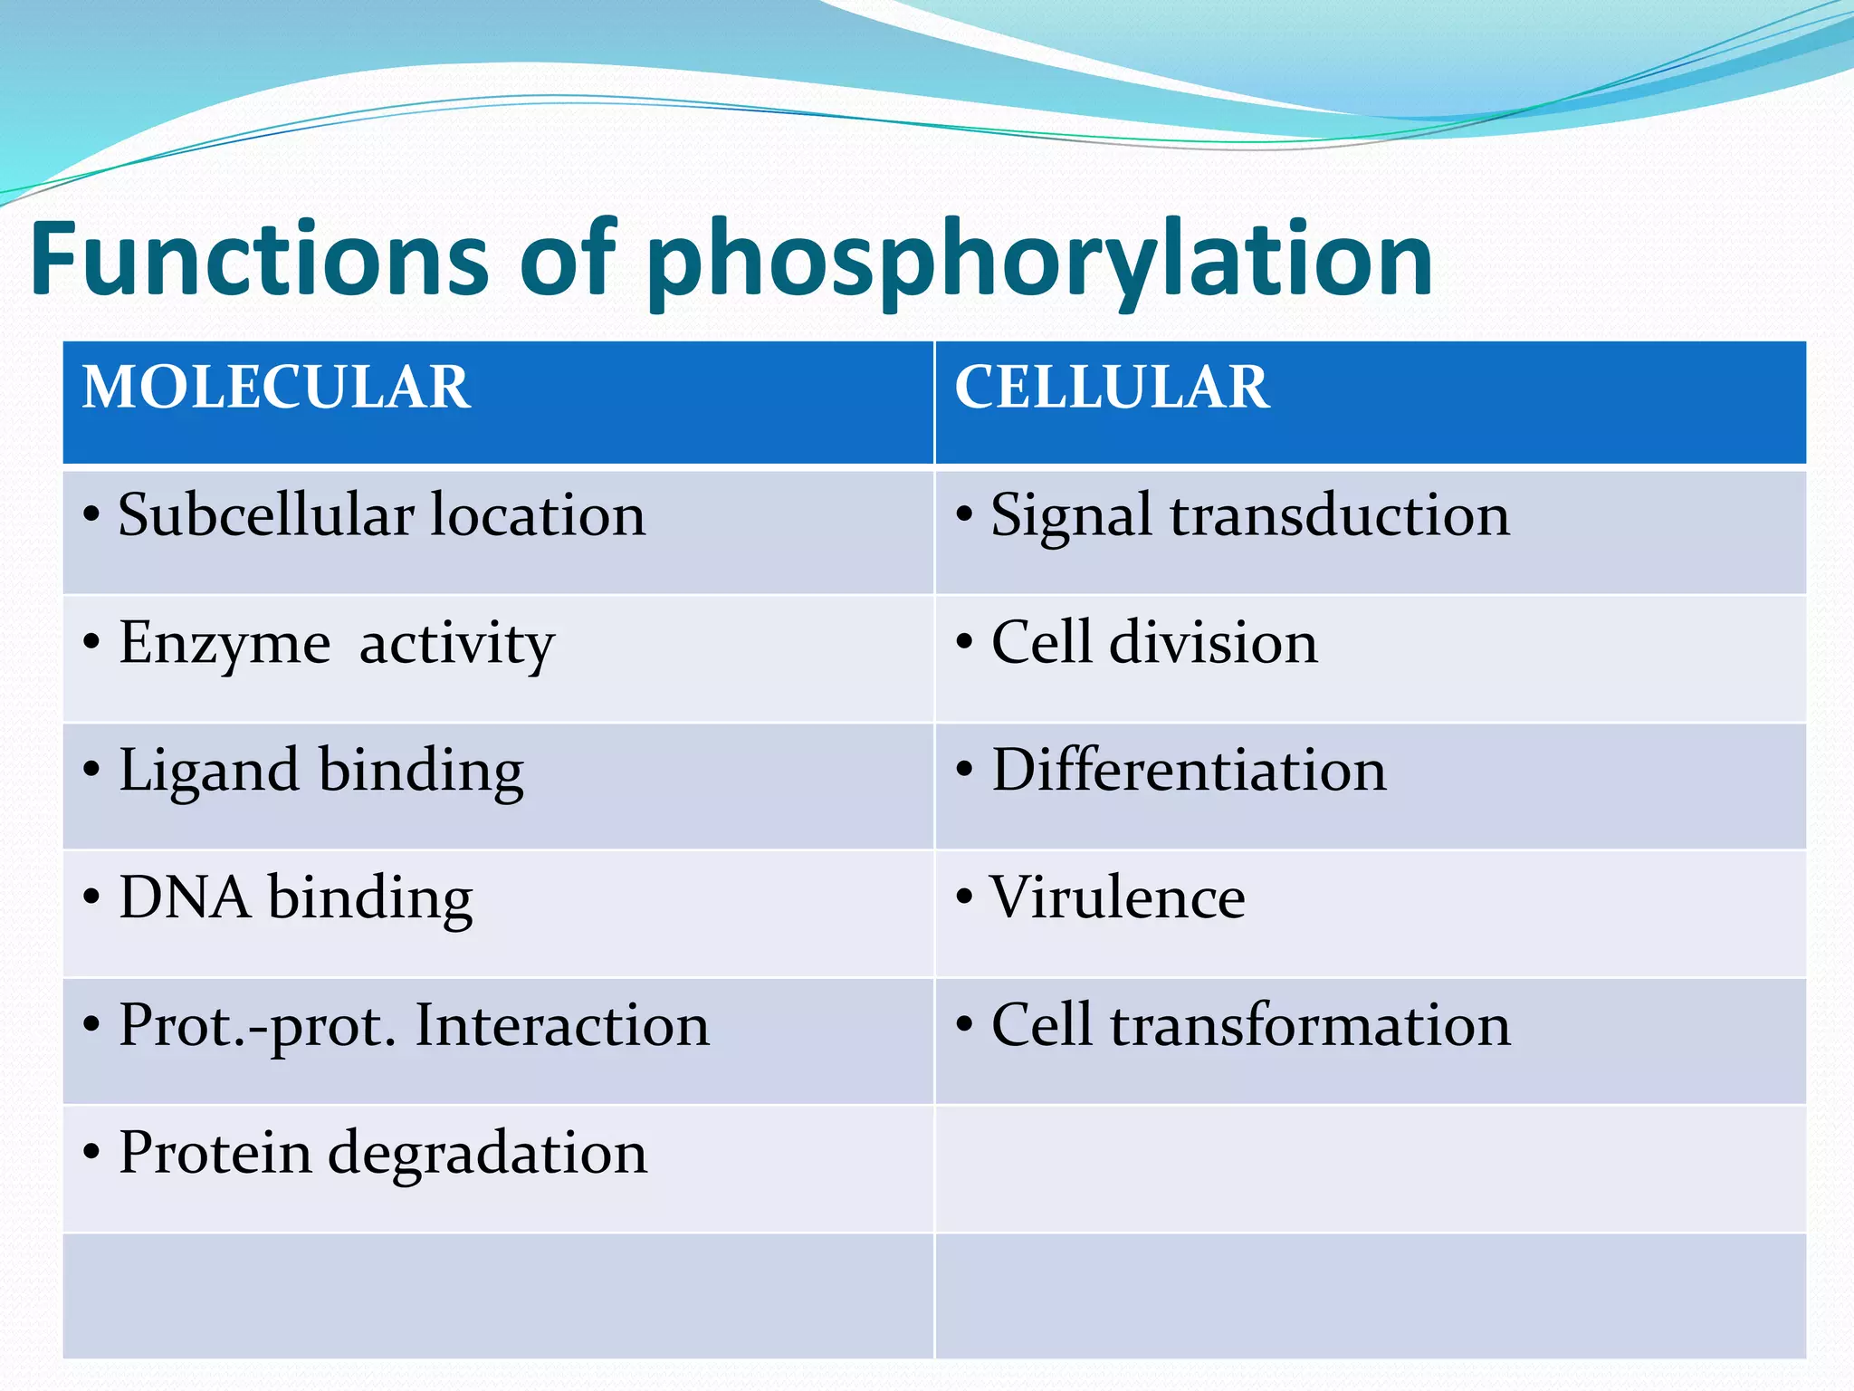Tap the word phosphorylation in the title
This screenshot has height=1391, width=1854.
click(1039, 263)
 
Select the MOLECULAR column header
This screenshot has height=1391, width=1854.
click(276, 388)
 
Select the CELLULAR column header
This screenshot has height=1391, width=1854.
click(1112, 388)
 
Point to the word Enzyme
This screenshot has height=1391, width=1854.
click(225, 645)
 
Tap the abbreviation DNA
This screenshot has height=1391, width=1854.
click(185, 897)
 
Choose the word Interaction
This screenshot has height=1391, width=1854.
click(561, 1025)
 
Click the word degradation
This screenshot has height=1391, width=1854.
click(487, 1155)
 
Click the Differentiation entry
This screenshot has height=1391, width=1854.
click(1189, 771)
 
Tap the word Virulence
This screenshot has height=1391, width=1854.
click(1117, 897)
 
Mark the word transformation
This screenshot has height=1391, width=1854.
click(1310, 1025)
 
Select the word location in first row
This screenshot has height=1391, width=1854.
click(538, 515)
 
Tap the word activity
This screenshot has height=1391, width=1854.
click(456, 645)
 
